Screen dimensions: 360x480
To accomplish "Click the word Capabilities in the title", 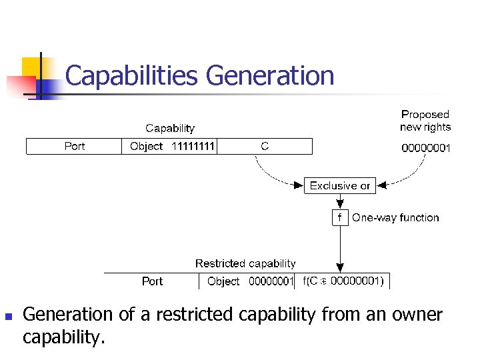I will (x=132, y=76).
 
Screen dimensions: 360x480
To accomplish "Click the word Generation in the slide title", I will (x=270, y=76).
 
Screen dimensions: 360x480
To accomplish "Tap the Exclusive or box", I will (x=340, y=185).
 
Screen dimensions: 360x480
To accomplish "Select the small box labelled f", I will (x=340, y=217).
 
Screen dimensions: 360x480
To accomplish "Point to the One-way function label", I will (x=395, y=217).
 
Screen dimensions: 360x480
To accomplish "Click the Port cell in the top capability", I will (x=75, y=146).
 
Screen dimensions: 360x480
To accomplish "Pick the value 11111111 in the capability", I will (x=193, y=146).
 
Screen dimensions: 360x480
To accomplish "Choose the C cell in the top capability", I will (x=265, y=146).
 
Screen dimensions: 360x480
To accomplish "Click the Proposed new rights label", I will (x=425, y=121).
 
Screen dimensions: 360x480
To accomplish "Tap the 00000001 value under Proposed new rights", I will (x=425, y=147).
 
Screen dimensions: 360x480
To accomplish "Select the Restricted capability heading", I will (x=245, y=263).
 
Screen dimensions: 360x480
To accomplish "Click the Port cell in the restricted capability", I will (x=152, y=281).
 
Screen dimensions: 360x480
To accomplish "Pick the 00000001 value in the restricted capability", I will (x=271, y=281).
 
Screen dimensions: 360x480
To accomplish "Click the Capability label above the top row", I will (x=170, y=128).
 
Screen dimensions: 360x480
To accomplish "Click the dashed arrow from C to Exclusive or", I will (x=267, y=175).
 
